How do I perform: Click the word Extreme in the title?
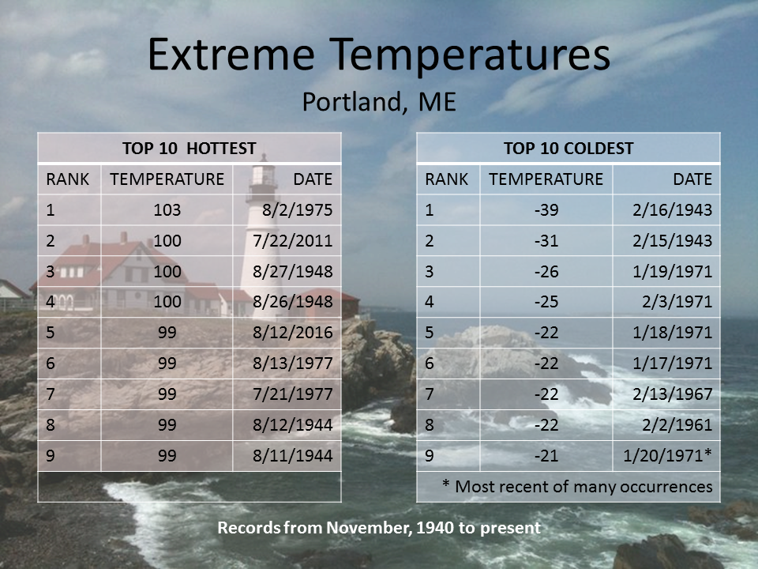231,55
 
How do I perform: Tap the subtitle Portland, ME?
379,102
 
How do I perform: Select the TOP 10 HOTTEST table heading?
189,148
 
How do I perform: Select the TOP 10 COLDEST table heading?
568,148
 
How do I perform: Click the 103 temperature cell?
167,210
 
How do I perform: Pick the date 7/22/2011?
292,240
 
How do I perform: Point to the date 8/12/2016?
292,333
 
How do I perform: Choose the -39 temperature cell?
546,210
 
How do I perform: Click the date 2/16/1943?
673,210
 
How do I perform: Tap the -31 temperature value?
546,240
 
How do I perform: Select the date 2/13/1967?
673,394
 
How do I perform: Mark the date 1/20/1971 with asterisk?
668,455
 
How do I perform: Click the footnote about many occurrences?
577,486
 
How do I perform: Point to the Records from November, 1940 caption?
379,527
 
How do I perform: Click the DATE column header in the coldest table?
692,179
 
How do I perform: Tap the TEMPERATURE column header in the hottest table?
167,179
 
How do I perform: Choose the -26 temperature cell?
546,271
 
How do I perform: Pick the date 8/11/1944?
292,455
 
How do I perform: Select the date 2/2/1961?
677,425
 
